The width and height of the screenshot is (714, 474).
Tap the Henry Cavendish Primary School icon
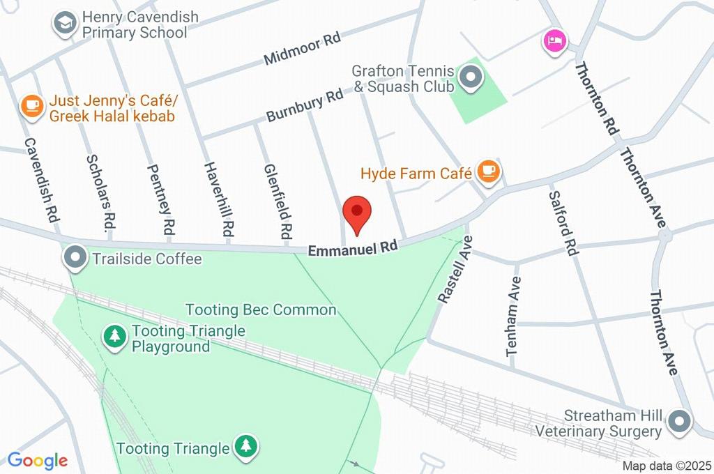tap(65, 24)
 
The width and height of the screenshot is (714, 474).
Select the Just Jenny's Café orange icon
tap(31, 106)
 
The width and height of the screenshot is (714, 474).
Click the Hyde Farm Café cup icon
tap(488, 171)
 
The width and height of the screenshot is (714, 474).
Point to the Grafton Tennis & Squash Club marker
tap(472, 78)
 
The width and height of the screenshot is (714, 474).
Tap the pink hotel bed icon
tap(555, 39)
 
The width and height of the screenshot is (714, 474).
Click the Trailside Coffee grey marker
tap(75, 259)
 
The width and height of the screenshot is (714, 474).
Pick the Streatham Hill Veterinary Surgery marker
tap(678, 422)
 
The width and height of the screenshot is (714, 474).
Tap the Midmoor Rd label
tap(302, 49)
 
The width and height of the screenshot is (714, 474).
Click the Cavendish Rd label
tap(40, 180)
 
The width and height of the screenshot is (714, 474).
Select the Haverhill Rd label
tap(217, 198)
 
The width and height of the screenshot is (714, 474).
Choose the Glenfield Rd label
tap(276, 200)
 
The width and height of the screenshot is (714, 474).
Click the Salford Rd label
tap(563, 223)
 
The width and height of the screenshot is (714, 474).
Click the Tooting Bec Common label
tap(261, 309)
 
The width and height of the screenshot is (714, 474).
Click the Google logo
tap(38, 460)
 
